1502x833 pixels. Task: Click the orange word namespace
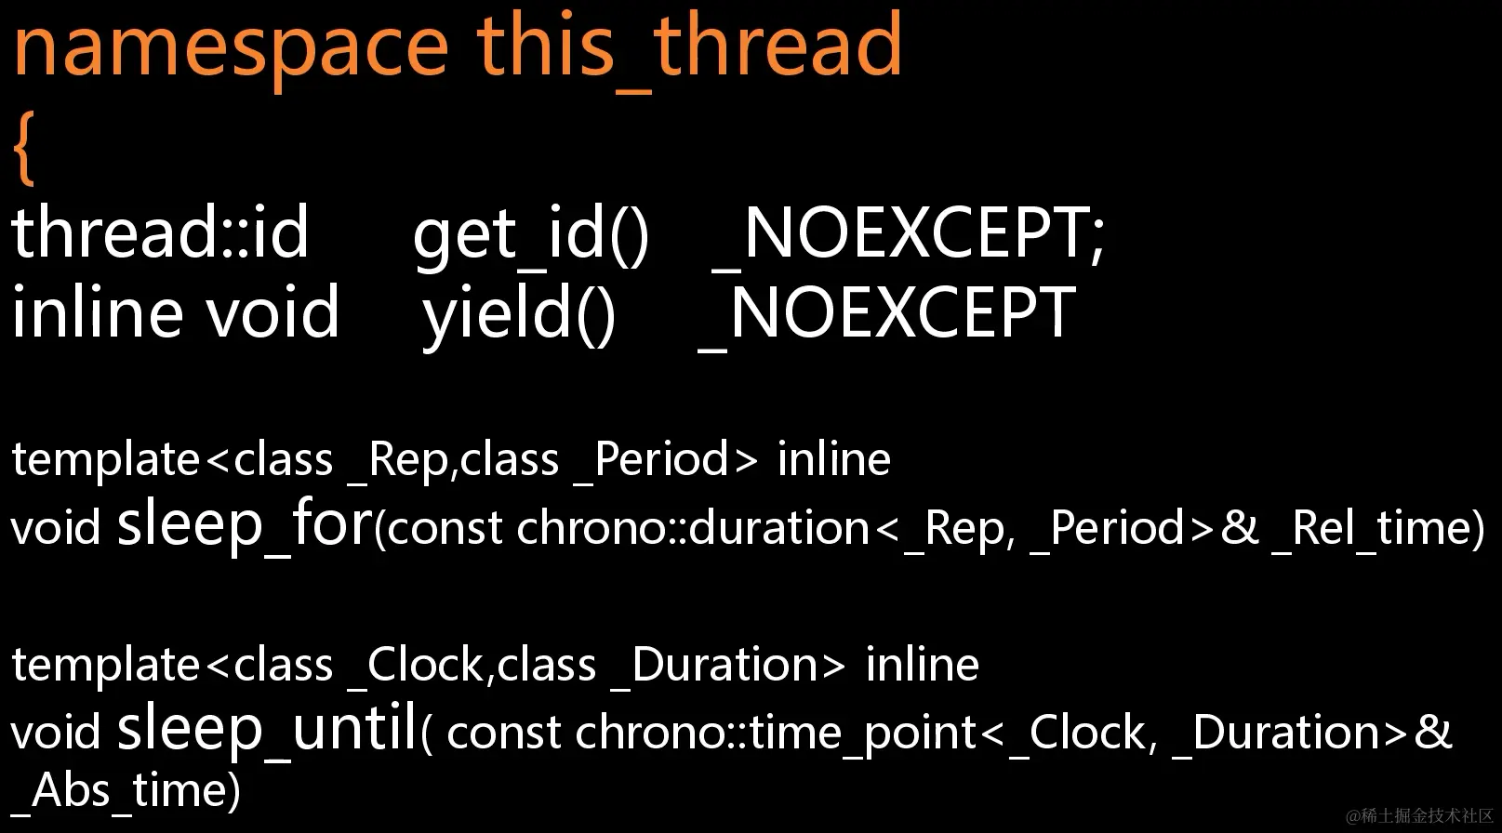click(x=231, y=50)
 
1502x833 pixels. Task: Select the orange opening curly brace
click(x=24, y=148)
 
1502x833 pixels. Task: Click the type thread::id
click(x=160, y=232)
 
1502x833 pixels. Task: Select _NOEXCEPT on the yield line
click(x=886, y=314)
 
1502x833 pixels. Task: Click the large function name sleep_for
click(x=245, y=523)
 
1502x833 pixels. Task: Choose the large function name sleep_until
click(x=268, y=728)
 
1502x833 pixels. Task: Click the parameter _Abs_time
click(x=125, y=792)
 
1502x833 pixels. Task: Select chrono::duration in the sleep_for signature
click(x=693, y=527)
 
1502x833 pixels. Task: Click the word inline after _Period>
click(x=834, y=459)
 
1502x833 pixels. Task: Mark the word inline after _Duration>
click(x=922, y=665)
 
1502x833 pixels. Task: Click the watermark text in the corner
click(x=1419, y=815)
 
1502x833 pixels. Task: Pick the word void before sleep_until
click(x=56, y=733)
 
